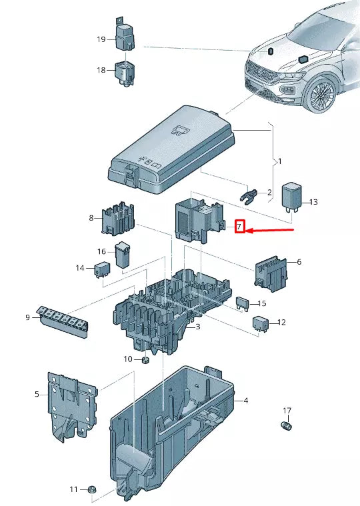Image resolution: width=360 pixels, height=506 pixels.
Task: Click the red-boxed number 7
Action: [241, 227]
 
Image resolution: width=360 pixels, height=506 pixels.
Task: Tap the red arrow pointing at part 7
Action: [270, 231]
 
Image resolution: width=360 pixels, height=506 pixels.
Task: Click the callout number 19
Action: [101, 39]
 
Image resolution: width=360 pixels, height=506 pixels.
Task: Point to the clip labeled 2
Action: [247, 195]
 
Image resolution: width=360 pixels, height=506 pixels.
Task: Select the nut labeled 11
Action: [91, 490]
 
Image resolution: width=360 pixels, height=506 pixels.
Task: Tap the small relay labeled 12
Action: [260, 323]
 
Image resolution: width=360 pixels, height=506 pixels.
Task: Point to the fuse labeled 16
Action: [123, 256]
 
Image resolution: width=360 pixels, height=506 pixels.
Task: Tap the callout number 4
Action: [246, 401]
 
